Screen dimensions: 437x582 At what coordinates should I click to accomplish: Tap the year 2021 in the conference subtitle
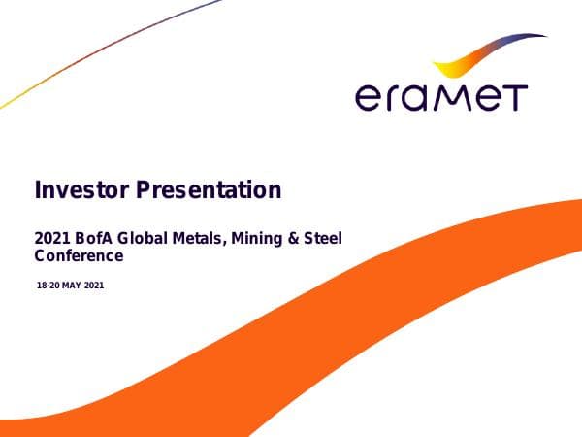pyautogui.click(x=49, y=238)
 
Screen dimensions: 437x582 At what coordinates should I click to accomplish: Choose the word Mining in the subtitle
pyautogui.click(x=254, y=238)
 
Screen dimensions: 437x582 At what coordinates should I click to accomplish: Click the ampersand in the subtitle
pyautogui.click(x=293, y=238)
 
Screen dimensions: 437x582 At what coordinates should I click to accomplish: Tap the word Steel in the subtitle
pyautogui.click(x=323, y=238)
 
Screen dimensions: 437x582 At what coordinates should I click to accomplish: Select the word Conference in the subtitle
pyautogui.click(x=79, y=256)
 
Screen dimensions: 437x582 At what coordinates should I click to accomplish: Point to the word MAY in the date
pyautogui.click(x=73, y=286)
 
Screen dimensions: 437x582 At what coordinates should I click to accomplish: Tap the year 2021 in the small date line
pyautogui.click(x=95, y=286)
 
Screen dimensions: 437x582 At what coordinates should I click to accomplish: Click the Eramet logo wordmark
pyautogui.click(x=440, y=97)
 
